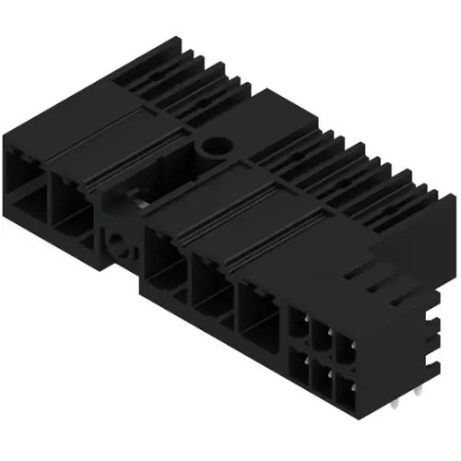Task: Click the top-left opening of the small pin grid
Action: (x=301, y=324)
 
